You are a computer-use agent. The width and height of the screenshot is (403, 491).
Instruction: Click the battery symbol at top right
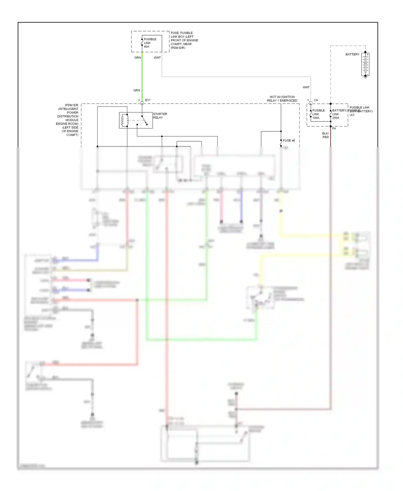pyautogui.click(x=365, y=64)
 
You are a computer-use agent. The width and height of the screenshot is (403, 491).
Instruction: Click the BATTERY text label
pyautogui.click(x=352, y=54)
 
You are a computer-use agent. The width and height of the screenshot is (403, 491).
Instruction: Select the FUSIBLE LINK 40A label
pyautogui.click(x=150, y=43)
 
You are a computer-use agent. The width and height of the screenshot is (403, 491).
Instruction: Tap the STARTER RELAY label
pyautogui.click(x=160, y=116)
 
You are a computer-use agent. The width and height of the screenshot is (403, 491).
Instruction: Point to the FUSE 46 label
pyautogui.click(x=289, y=140)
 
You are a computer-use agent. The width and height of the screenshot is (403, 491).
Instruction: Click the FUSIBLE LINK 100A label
pyautogui.click(x=318, y=114)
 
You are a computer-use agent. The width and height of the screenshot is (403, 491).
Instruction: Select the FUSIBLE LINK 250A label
pyautogui.click(x=336, y=114)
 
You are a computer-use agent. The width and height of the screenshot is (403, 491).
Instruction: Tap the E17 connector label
pyautogui.click(x=148, y=100)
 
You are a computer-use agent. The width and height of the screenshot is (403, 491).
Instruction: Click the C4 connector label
pyautogui.click(x=316, y=100)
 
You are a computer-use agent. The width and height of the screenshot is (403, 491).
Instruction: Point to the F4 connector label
pyautogui.click(x=334, y=128)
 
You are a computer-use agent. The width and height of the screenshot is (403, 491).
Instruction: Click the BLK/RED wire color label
pyautogui.click(x=325, y=135)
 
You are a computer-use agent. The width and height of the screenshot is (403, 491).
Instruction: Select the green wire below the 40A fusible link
pyautogui.click(x=142, y=75)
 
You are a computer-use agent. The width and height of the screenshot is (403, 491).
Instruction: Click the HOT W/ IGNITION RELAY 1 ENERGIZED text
pyautogui.click(x=282, y=99)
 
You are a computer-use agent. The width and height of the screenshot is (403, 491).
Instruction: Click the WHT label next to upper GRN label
pyautogui.click(x=157, y=57)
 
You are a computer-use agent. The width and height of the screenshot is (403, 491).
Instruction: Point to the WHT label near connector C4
pyautogui.click(x=306, y=87)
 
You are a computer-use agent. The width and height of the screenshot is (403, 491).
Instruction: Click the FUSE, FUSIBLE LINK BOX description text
pyautogui.click(x=184, y=40)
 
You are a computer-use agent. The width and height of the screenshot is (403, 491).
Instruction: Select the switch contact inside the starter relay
pyautogui.click(x=144, y=120)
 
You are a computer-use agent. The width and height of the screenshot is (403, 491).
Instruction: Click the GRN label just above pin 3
pyautogui.click(x=136, y=90)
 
